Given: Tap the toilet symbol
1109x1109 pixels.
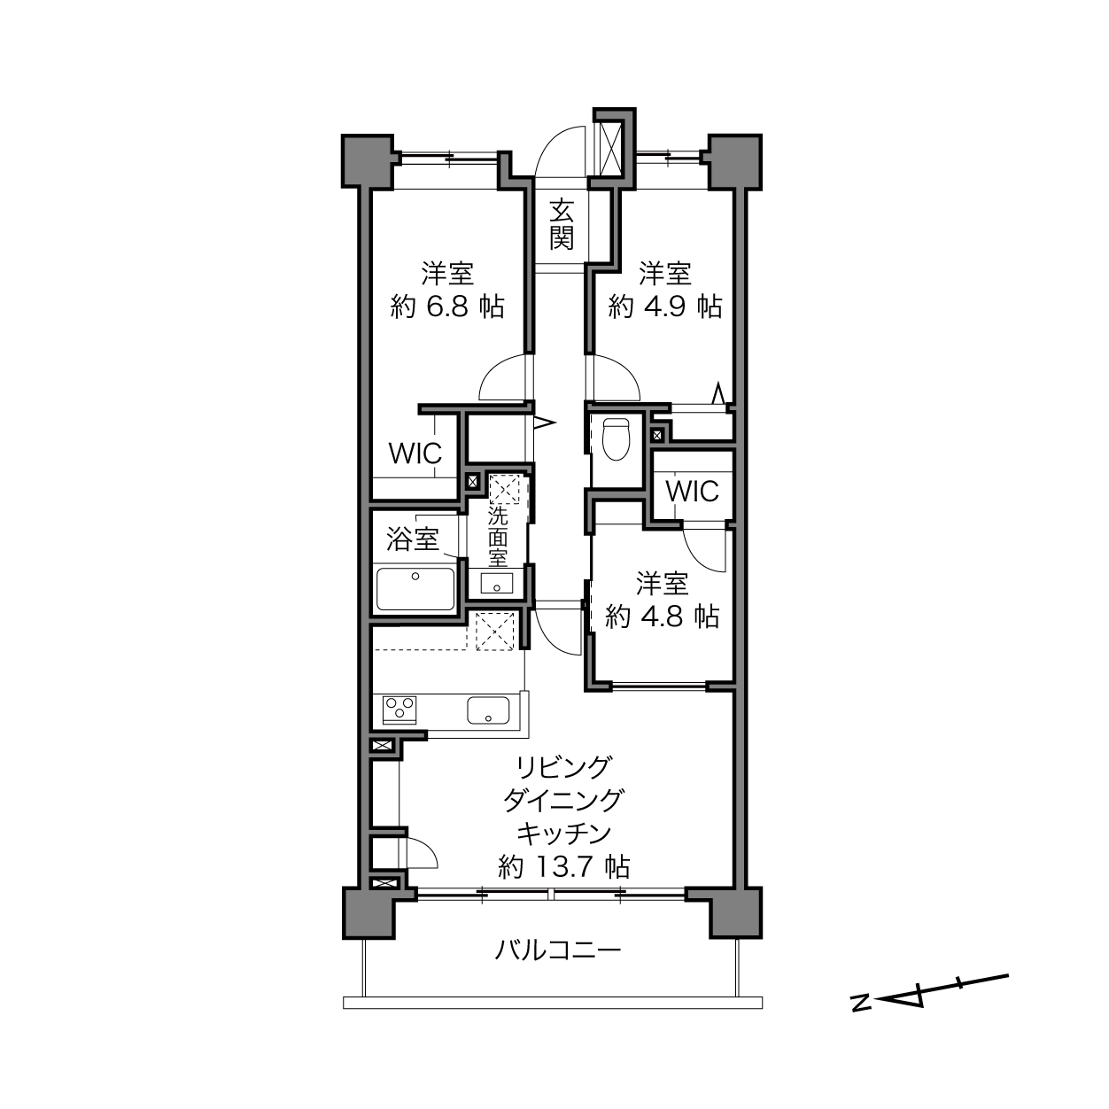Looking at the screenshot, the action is [x=617, y=439].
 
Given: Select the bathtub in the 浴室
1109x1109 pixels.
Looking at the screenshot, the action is [x=415, y=589].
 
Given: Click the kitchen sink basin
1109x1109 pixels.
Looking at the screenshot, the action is [x=488, y=710].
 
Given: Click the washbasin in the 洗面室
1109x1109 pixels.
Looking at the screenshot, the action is [x=496, y=584].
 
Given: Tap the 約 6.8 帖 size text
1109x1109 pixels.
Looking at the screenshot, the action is [x=447, y=306].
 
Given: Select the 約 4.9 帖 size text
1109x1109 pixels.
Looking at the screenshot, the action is [x=665, y=306].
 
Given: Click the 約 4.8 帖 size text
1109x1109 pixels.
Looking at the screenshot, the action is [x=663, y=617].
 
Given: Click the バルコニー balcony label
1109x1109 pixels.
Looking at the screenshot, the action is [x=558, y=950].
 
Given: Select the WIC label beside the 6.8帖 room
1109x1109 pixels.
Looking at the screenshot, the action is [x=415, y=454].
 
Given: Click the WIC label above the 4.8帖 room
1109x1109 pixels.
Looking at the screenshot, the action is [x=693, y=492].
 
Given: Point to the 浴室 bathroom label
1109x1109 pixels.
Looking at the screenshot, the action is [x=413, y=539].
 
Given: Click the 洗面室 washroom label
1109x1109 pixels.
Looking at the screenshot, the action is [x=498, y=537].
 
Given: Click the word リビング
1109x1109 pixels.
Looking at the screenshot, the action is [x=563, y=767].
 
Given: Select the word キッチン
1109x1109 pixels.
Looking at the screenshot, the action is [x=563, y=833].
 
